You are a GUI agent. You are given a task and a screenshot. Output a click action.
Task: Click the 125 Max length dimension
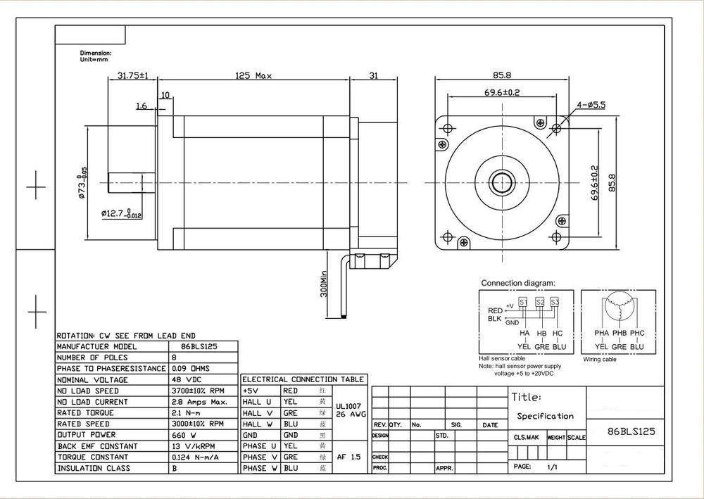coord(253,75)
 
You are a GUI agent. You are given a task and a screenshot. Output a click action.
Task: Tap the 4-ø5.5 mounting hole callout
coord(591,104)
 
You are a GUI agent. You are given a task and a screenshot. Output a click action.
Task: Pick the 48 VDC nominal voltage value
coord(186,379)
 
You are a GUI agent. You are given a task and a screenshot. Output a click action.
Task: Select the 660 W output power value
coord(183,435)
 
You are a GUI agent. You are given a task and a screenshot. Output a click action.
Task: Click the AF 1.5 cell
coord(349,457)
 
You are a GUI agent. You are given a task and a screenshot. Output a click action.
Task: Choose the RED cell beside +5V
coord(290,390)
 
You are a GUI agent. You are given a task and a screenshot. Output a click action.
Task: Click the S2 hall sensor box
coord(540,302)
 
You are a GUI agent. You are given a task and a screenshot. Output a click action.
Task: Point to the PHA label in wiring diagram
coord(601,333)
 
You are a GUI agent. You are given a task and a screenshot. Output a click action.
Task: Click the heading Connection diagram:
coord(518,283)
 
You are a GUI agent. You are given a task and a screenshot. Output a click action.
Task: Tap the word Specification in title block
coord(545,416)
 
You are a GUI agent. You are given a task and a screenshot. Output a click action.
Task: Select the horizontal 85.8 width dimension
coord(503,75)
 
